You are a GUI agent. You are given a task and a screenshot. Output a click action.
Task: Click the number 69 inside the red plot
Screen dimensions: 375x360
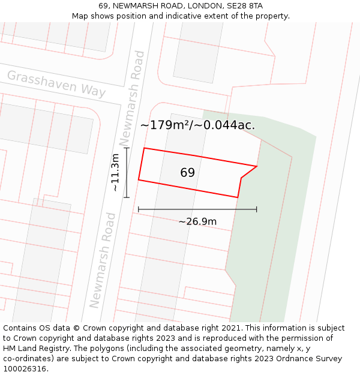187,173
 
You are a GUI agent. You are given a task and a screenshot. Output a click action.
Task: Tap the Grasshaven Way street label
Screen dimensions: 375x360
56,84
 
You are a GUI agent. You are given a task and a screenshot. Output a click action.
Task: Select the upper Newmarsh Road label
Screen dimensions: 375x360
133,98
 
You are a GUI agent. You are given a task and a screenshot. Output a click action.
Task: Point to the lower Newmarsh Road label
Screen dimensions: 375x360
101,260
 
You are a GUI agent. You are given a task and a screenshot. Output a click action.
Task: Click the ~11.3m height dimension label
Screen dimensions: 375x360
115,173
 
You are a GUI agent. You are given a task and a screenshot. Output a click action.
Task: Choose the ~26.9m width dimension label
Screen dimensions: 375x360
197,221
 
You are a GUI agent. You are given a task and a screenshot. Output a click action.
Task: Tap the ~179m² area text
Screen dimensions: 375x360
166,125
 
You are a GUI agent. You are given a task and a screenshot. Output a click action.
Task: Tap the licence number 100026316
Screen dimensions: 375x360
25,369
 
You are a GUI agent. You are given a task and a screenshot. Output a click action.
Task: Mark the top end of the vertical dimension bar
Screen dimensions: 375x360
127,148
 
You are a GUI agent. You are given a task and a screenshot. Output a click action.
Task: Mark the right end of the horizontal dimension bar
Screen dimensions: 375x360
257,209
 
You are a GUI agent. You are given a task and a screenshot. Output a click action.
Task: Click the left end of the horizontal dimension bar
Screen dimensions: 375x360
139,209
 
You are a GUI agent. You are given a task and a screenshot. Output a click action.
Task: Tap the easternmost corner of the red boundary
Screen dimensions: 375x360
257,166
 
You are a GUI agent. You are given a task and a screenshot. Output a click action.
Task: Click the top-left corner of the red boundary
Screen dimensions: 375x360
144,148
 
